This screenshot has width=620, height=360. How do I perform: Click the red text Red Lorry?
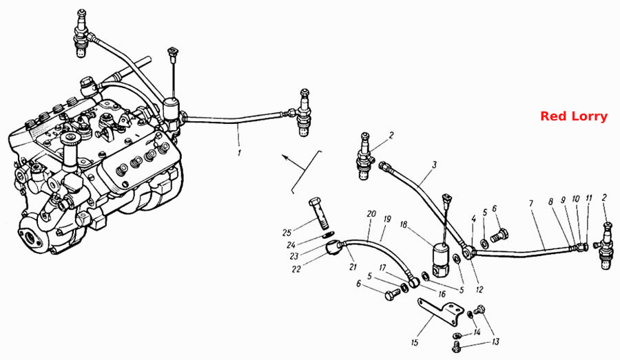point(573,116)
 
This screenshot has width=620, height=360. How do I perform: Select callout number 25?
point(287,233)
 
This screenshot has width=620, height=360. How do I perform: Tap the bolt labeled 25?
point(319,213)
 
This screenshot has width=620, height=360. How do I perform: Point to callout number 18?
point(403,225)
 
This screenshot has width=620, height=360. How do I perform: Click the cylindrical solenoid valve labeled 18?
point(442,260)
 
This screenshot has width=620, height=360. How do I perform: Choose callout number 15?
point(415,342)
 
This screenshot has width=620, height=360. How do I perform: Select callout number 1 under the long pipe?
point(239,153)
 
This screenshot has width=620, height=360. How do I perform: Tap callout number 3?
point(434,165)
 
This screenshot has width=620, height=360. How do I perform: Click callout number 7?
point(531,204)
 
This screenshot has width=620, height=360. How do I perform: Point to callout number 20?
point(371,214)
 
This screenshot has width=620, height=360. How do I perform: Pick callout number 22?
point(296,269)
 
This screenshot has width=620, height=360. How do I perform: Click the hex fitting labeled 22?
point(333,248)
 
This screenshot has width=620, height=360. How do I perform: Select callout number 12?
point(479,290)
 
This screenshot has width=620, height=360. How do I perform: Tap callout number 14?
point(477,332)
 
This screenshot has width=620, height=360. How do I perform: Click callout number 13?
point(495,342)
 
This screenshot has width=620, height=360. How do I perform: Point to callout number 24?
point(291,245)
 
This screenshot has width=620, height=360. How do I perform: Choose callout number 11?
point(589,198)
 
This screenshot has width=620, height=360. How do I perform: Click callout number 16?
point(442,294)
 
